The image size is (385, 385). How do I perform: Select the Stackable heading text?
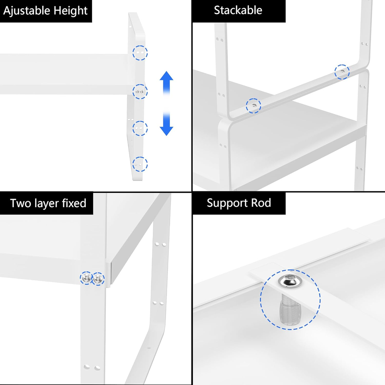[238, 10]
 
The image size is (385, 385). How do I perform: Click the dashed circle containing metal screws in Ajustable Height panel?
[140, 91]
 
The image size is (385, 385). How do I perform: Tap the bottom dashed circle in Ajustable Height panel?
[140, 164]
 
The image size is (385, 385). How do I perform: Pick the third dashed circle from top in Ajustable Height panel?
[140, 128]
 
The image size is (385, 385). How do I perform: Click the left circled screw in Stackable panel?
[253, 105]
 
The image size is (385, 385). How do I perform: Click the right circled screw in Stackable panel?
[341, 72]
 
